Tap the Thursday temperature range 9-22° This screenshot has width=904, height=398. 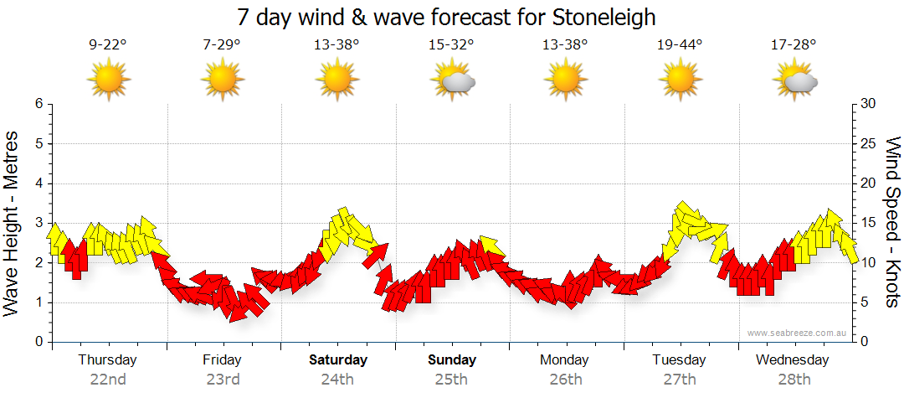click(108, 44)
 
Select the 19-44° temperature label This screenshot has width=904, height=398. click(680, 44)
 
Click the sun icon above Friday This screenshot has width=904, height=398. click(223, 80)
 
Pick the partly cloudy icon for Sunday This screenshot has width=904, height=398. click(453, 80)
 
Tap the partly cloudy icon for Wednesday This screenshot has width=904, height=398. click(795, 80)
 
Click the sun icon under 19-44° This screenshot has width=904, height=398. click(680, 80)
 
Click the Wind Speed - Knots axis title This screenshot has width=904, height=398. click(892, 222)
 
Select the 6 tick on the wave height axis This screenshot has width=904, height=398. click(38, 104)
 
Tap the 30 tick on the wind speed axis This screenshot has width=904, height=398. click(869, 104)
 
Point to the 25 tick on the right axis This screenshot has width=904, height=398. click(869, 143)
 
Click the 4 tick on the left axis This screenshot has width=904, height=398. click(38, 183)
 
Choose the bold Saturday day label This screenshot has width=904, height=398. click(338, 360)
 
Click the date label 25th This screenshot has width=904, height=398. click(452, 380)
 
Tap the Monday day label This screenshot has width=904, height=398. click(565, 360)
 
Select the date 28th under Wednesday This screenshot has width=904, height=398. click(794, 380)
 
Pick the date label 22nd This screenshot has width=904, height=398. click(108, 380)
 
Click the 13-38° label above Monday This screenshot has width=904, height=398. click(565, 44)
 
